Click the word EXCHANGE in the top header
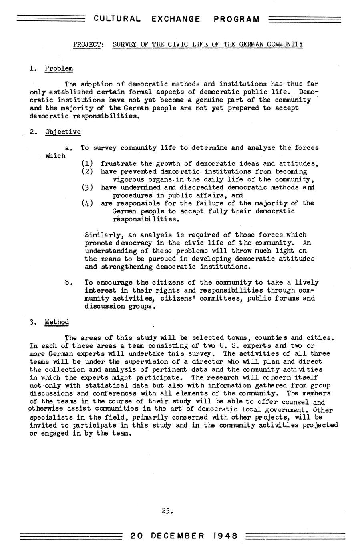coord(176,19)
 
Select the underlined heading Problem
coord(59,68)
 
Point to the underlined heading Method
coord(57,322)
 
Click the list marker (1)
coord(87,163)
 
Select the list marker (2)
coord(87,171)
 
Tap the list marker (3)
coord(87,187)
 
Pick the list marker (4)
coord(87,203)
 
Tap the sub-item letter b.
coord(68,283)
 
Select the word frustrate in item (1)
coord(118,163)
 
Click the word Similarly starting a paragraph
coord(103,235)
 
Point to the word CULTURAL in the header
coord(117,19)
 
